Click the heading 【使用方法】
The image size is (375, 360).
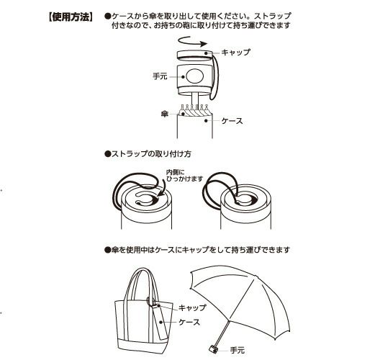click(71, 17)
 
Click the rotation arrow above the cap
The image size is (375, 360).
click(192, 42)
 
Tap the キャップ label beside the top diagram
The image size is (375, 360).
click(236, 53)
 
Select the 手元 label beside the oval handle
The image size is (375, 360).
click(160, 76)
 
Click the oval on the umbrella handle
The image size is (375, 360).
click(195, 76)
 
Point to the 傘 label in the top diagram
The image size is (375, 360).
click(165, 114)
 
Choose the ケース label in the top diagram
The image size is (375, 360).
click(232, 121)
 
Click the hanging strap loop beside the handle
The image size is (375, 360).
click(214, 78)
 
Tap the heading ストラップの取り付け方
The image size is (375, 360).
click(148, 153)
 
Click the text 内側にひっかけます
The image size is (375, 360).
click(184, 176)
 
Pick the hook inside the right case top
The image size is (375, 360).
click(245, 200)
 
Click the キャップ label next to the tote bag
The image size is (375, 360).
click(192, 307)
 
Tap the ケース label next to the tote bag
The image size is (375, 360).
click(189, 322)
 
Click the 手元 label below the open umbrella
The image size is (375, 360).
click(238, 350)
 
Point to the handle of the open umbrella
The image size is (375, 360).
click(213, 348)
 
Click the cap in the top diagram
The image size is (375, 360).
click(195, 55)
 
